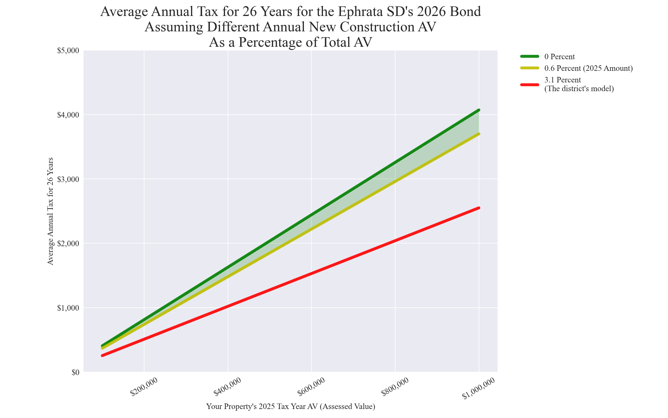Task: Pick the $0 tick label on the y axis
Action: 75,372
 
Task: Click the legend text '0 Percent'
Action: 559,57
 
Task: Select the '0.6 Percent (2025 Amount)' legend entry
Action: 588,68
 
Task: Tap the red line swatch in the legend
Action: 529,84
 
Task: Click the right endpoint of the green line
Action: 479,110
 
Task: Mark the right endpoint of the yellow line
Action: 479,134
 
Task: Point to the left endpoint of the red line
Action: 102,356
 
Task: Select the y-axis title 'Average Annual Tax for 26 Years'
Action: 50,211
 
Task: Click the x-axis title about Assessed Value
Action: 291,407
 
